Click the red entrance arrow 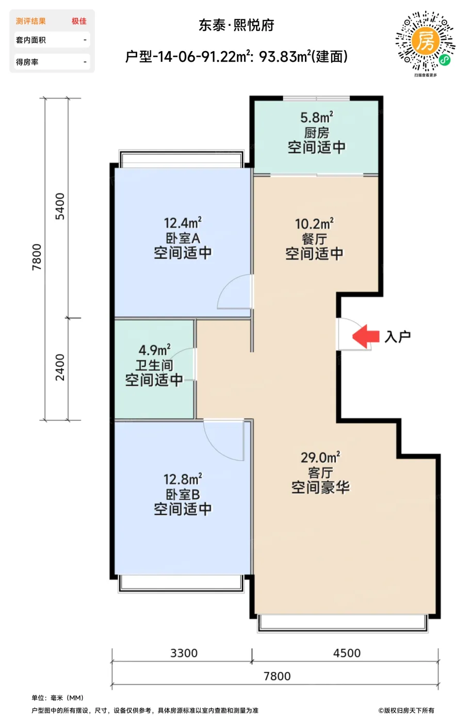(x=366, y=336)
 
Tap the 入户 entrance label (x=398, y=337)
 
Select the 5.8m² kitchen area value (x=317, y=118)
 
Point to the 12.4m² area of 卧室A (x=183, y=223)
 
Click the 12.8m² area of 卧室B (x=183, y=479)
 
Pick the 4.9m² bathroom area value (x=154, y=350)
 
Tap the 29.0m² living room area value (x=320, y=457)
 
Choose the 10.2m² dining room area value (x=314, y=224)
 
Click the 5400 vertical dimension (x=60, y=206)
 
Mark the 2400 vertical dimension (x=60, y=367)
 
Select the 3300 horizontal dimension (x=184, y=653)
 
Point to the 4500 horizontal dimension (x=347, y=653)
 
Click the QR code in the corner (x=425, y=41)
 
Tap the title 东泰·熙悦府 (x=236, y=25)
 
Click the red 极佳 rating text (x=79, y=21)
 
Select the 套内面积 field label (x=30, y=40)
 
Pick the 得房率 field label (x=27, y=62)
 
